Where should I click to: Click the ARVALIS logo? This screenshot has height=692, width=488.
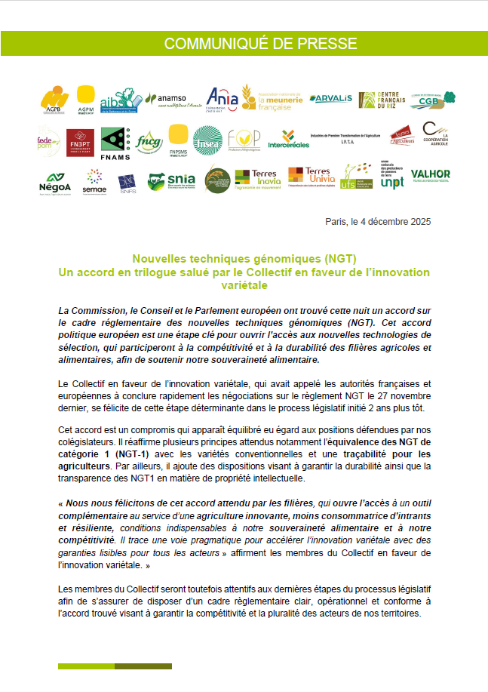click(330, 98)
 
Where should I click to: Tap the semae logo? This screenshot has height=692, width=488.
click(94, 181)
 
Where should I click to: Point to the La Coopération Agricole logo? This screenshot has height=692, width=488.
click(435, 137)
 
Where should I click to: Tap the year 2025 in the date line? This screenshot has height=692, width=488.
click(419, 223)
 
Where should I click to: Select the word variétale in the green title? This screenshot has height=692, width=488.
click(244, 285)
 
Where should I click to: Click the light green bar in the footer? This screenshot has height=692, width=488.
click(86, 666)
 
